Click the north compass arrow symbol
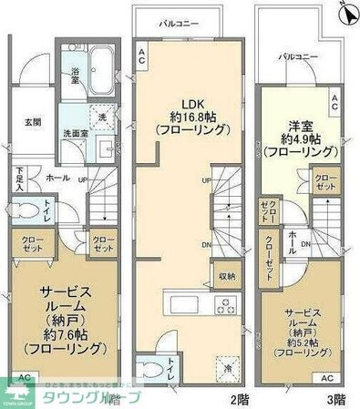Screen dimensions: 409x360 pyautogui.click(x=345, y=13)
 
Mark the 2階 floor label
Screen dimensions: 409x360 pyautogui.click(x=240, y=398)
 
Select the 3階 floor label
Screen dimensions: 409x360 pyautogui.click(x=334, y=398)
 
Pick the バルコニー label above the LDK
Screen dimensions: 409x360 pyautogui.click(x=179, y=21)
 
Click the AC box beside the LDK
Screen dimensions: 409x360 pyautogui.click(x=142, y=56)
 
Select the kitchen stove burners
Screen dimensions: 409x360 pyautogui.click(x=223, y=303)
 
